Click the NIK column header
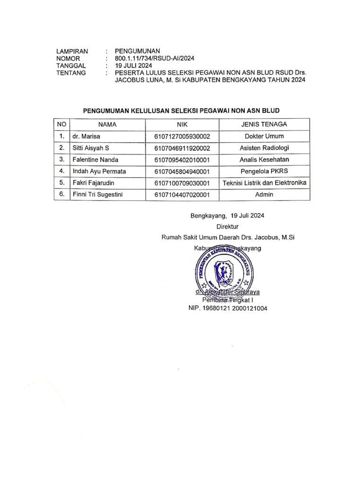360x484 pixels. pos(182,124)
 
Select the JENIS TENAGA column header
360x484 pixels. pos(264,124)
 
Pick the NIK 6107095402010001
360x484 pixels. pos(182,160)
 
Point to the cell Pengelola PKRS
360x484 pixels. pos(264,171)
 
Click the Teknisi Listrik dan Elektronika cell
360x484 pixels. pos(264,182)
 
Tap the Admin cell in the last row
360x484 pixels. pos(264,194)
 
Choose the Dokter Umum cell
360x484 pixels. pos(264,137)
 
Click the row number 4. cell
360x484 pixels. pos(61,171)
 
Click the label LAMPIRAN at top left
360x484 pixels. pos(72,51)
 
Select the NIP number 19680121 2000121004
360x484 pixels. pos(228,308)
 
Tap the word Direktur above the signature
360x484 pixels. pos(227,227)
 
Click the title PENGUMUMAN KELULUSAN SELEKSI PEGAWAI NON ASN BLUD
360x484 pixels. pos(181,111)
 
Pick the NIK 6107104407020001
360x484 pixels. pos(182,194)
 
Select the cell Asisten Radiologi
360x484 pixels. pos(264,148)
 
